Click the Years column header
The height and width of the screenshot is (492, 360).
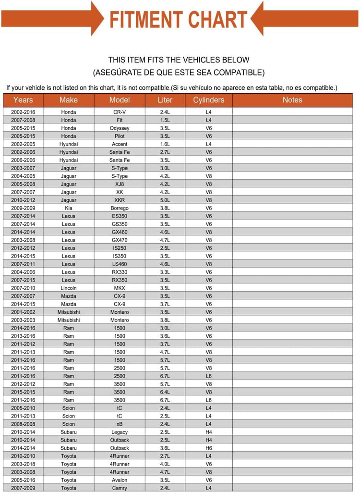[x=23, y=100]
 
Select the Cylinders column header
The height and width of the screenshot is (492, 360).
[x=208, y=100]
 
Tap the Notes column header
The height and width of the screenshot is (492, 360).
[x=292, y=100]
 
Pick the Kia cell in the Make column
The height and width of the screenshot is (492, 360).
[x=69, y=208]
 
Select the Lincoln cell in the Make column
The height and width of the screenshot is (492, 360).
[x=69, y=288]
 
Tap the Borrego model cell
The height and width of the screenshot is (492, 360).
[x=120, y=208]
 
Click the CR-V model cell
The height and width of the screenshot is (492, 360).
[x=120, y=112]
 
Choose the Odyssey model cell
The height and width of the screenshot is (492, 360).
[x=120, y=128]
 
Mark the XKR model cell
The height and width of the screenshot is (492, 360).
[x=120, y=200]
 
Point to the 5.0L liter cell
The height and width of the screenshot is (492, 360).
[x=165, y=200]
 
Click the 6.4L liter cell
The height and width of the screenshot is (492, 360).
[x=165, y=392]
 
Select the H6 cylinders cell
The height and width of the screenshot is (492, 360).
[x=208, y=448]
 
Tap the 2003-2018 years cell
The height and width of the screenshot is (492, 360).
[x=23, y=464]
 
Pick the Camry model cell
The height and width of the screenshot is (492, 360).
[x=120, y=488]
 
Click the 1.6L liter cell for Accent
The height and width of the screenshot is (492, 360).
[x=165, y=144]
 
